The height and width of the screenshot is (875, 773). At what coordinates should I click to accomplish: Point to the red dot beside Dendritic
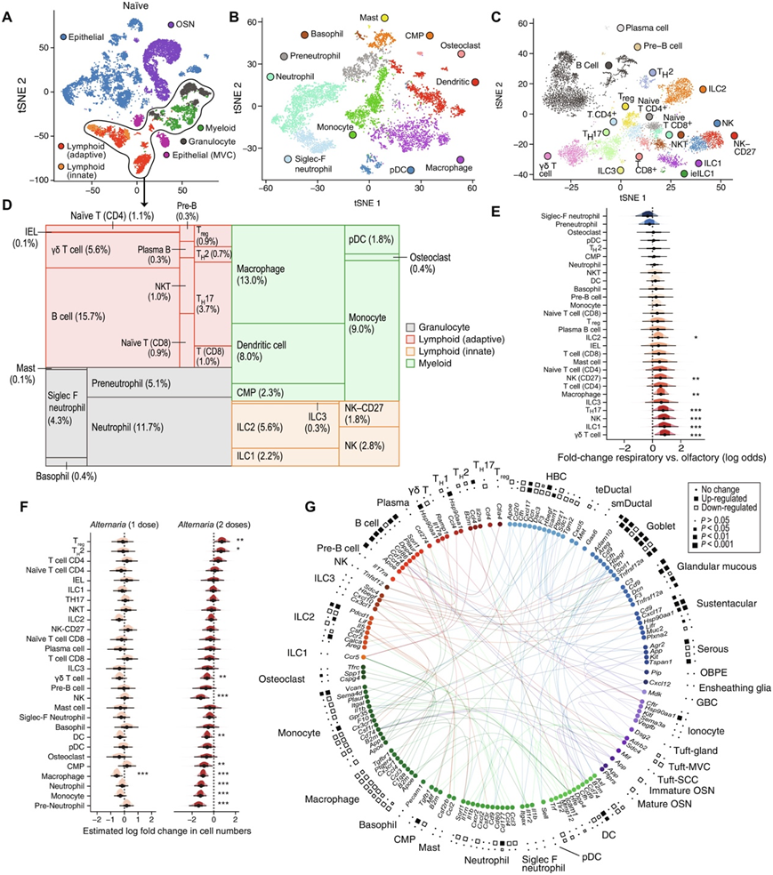click(x=475, y=82)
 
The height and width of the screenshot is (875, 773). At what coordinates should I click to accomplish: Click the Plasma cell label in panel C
click(x=651, y=29)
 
